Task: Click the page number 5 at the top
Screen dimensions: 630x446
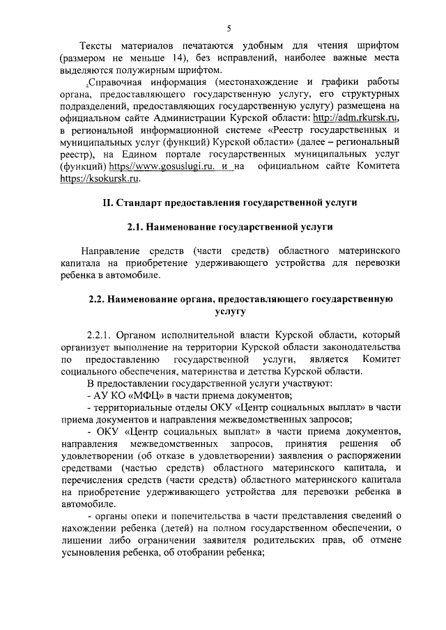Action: coord(229,29)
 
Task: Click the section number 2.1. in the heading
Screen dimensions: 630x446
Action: coord(139,227)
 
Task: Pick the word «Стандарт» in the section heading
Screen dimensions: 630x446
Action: coord(142,203)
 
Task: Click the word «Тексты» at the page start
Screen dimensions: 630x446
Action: coord(99,46)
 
